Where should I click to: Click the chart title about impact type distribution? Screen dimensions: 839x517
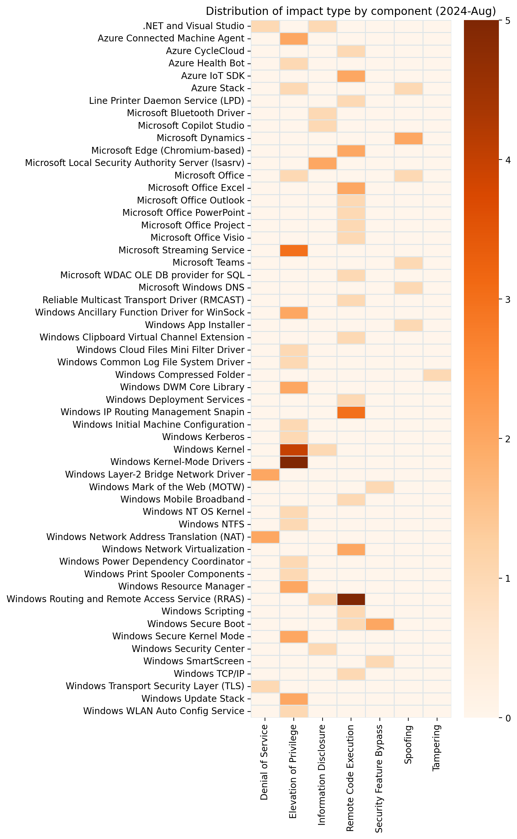350,11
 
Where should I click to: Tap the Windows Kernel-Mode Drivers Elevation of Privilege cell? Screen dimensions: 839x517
294,462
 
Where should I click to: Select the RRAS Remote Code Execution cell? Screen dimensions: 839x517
351,599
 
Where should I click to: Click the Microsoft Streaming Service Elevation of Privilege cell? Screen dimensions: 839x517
294,250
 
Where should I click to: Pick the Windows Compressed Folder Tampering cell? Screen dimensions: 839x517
437,375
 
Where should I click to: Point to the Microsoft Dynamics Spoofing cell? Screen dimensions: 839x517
408,138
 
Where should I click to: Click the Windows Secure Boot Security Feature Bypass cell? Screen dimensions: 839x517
379,624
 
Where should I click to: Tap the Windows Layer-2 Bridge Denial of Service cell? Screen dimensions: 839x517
265,475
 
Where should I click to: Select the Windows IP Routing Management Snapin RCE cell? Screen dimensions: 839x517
351,412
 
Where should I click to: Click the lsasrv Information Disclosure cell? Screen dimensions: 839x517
322,163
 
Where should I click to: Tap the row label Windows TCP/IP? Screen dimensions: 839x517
209,674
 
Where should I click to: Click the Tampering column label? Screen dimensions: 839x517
437,749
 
